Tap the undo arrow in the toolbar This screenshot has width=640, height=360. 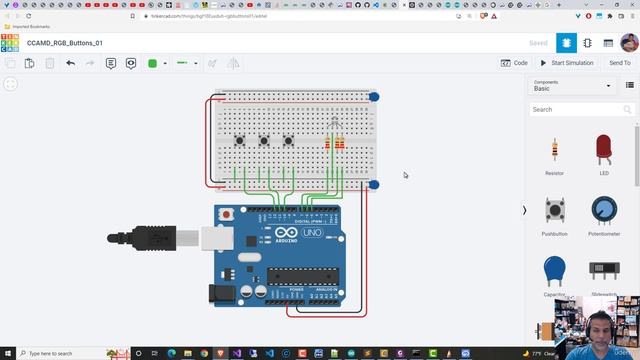tap(70, 63)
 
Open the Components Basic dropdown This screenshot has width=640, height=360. tap(585, 86)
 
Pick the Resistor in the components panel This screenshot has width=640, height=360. tap(554, 151)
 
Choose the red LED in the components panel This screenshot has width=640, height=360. tap(604, 150)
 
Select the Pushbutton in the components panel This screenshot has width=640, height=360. tap(554, 210)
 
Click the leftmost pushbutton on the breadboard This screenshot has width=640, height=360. tap(239, 140)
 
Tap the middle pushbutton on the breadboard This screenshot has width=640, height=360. tap(264, 140)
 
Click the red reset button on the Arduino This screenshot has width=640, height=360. tap(227, 214)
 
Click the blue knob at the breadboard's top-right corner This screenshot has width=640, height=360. tap(374, 97)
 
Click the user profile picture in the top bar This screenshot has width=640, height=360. tap(629, 43)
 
